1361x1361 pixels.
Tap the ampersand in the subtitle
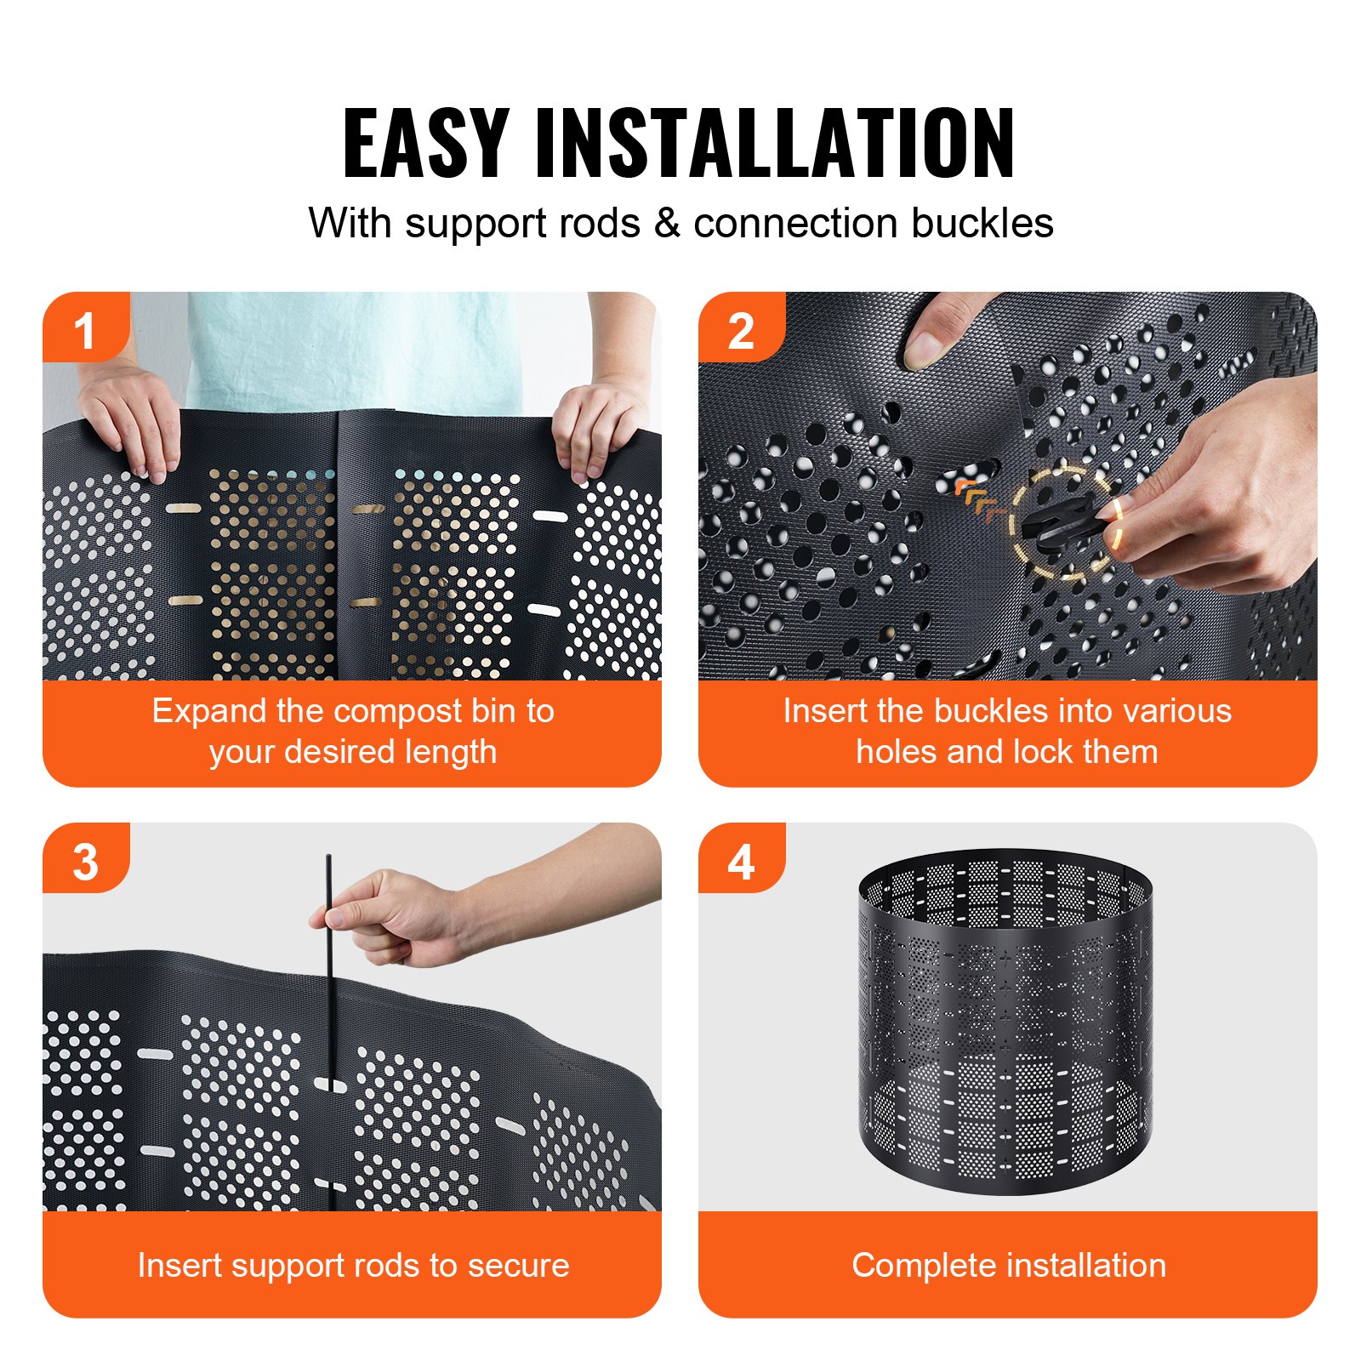tap(667, 224)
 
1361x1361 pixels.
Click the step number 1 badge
tap(84, 330)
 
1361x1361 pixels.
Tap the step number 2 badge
tap(740, 330)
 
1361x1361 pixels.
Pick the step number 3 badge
tap(84, 862)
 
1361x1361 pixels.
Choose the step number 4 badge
tap(740, 862)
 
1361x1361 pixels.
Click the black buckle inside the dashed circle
tap(1060, 521)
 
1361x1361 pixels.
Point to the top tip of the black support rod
tap(328, 857)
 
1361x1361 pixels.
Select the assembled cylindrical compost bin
tap(1006, 1021)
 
